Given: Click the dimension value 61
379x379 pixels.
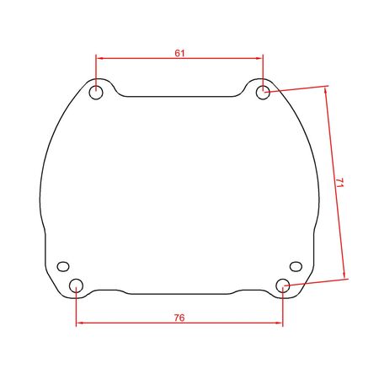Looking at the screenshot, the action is coord(179,53).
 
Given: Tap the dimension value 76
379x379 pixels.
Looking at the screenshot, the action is coord(179,318).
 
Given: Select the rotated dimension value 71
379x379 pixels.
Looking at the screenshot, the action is coord(339,183).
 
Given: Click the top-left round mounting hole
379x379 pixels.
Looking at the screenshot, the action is coord(96,93).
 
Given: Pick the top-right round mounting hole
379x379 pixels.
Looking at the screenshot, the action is coord(263,93).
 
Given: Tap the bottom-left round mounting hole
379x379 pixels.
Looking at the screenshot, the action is coord(76,286).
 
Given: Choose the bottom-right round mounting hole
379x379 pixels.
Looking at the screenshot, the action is coord(283,286).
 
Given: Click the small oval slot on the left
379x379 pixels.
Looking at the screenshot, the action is coord(63,266).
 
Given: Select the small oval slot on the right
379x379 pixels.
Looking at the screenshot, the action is coord(296,266).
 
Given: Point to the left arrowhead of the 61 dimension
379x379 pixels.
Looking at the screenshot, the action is coord(99,58).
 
